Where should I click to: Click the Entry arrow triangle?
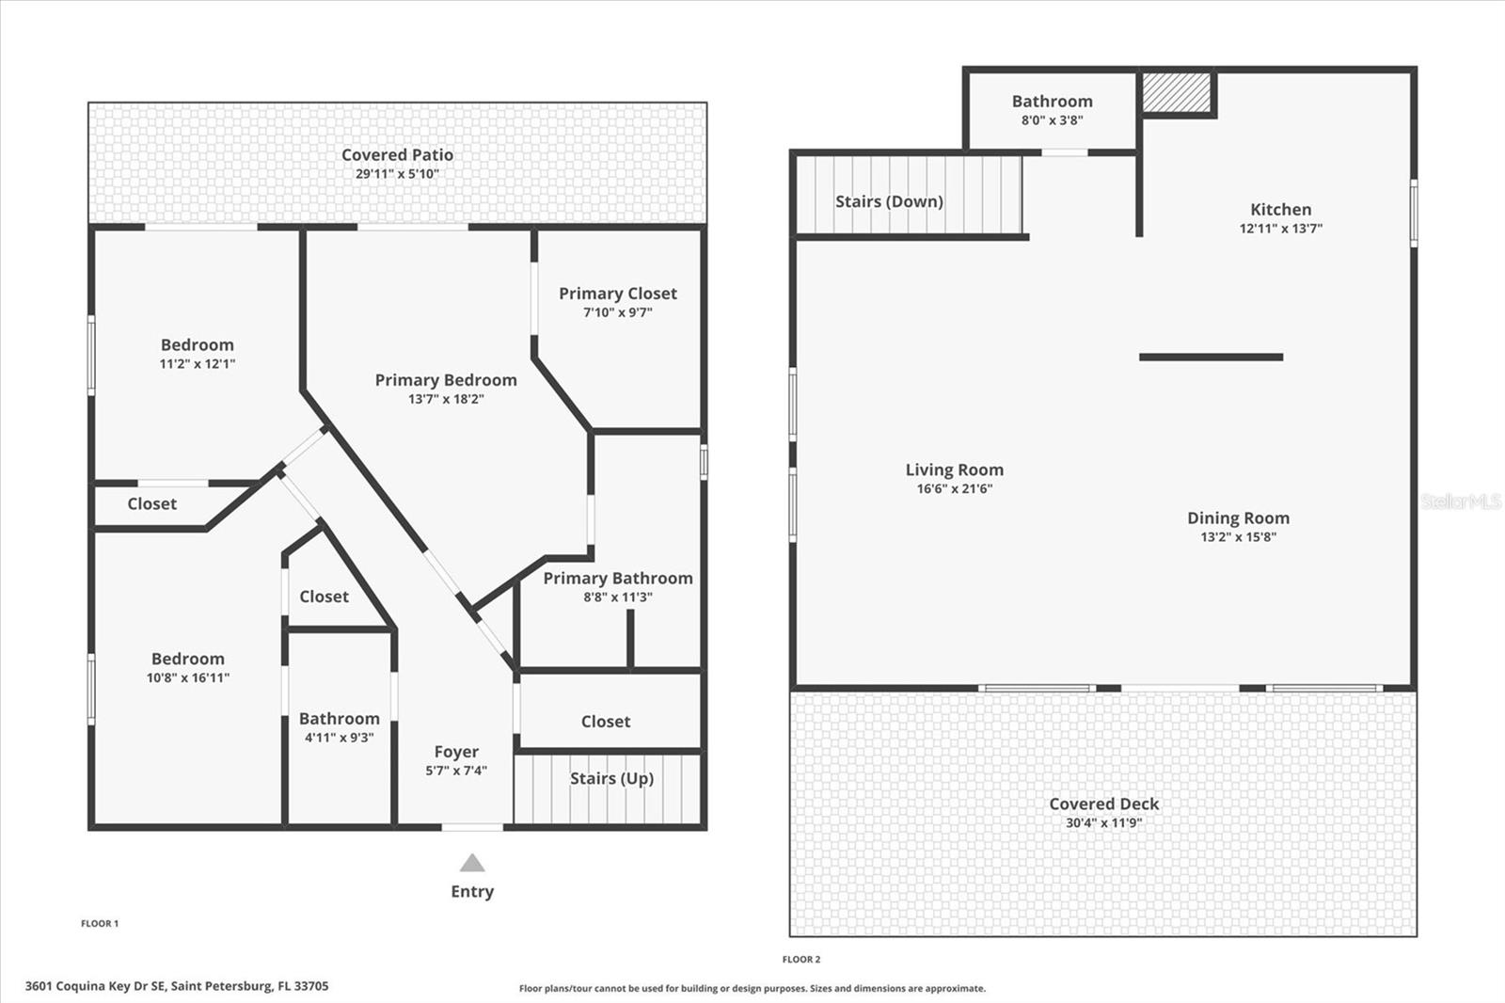[x=472, y=863]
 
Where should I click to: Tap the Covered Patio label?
[x=397, y=154]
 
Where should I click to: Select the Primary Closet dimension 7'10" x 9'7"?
[x=617, y=312]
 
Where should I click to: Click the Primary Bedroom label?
[x=446, y=380]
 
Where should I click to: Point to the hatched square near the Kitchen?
[x=1176, y=91]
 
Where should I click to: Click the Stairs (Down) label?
[x=889, y=201]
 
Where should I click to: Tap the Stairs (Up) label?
[x=611, y=778]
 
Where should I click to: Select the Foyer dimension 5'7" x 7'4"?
[x=456, y=771]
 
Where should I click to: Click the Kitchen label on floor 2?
[x=1280, y=210]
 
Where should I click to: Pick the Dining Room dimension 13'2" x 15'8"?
[x=1238, y=537]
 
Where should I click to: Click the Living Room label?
[x=954, y=470]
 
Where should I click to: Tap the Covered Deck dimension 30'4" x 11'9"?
[x=1103, y=822]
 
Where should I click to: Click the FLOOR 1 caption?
[x=100, y=923]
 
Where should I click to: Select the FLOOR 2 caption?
[x=801, y=959]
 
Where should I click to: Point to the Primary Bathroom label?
[x=617, y=579]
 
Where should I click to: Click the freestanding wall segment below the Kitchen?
[x=1211, y=357]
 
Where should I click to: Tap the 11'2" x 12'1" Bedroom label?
[x=197, y=345]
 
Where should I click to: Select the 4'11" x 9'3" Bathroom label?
[x=339, y=719]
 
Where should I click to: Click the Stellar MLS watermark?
[x=1460, y=501]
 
